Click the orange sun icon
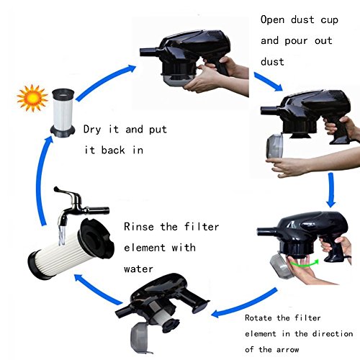tap(32, 98)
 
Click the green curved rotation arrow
tap(305, 264)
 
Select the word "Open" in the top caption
tap(272, 20)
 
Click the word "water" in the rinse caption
tap(138, 269)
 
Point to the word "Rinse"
tap(139, 227)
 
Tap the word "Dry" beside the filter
tap(92, 130)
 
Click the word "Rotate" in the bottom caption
tap(258, 318)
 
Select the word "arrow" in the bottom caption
tap(287, 350)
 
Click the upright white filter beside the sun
tap(63, 113)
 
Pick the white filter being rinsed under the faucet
tap(70, 250)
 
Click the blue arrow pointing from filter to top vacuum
tap(104, 81)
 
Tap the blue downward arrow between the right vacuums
tap(331, 190)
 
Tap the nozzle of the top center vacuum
tap(148, 52)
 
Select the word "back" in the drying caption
tap(113, 150)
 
